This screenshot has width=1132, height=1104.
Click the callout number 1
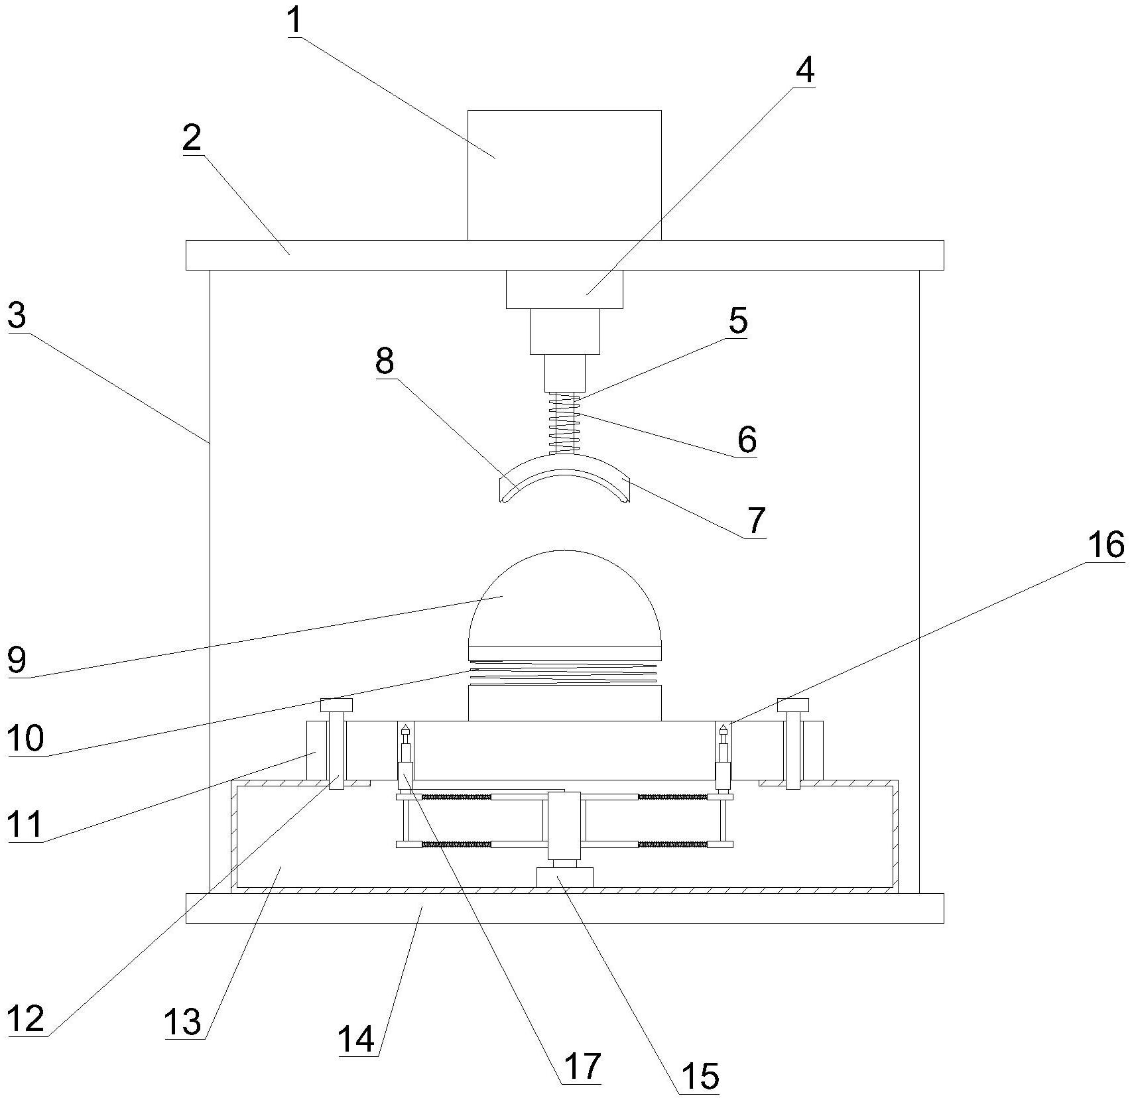[x=295, y=21]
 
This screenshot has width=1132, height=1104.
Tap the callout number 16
[x=1105, y=545]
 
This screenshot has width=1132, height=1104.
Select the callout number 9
[x=17, y=660]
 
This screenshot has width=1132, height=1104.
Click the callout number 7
[x=757, y=521]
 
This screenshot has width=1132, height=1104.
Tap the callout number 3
[x=17, y=316]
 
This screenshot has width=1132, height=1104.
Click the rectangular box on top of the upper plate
[x=564, y=175]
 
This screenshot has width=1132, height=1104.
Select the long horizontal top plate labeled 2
[x=564, y=255]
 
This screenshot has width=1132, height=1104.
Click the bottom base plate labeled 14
[x=564, y=908]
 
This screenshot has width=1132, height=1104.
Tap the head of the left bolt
[x=337, y=705]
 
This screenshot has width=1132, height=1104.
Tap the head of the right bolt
[x=793, y=705]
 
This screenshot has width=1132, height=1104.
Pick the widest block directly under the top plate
[x=564, y=289]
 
